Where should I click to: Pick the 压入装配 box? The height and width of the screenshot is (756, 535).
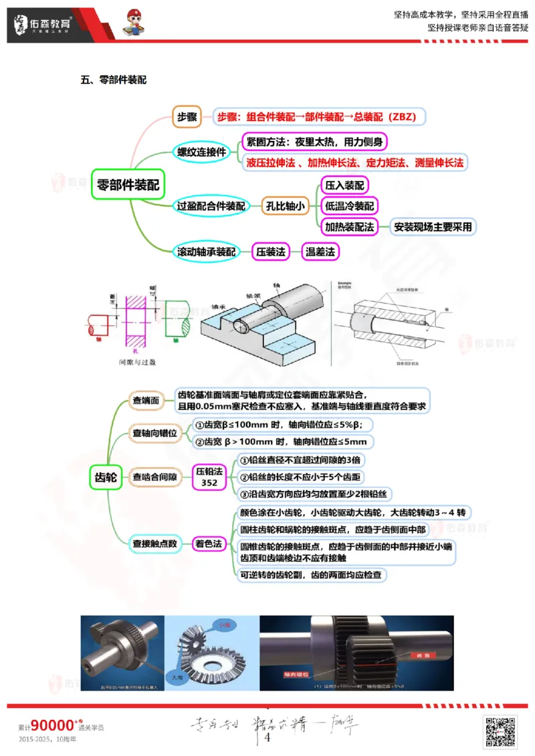point(344,185)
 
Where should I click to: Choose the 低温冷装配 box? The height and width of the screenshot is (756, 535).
point(349,206)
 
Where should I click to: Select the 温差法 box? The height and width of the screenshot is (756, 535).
point(320,252)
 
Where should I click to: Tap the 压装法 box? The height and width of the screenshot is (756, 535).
point(270,252)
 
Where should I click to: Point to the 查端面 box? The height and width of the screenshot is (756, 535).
point(146,400)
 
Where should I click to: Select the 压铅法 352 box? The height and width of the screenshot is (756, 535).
point(209,477)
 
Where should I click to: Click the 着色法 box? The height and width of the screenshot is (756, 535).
point(208,544)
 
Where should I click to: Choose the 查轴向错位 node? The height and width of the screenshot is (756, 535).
point(154,433)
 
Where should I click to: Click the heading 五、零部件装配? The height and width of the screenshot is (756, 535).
point(114,80)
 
